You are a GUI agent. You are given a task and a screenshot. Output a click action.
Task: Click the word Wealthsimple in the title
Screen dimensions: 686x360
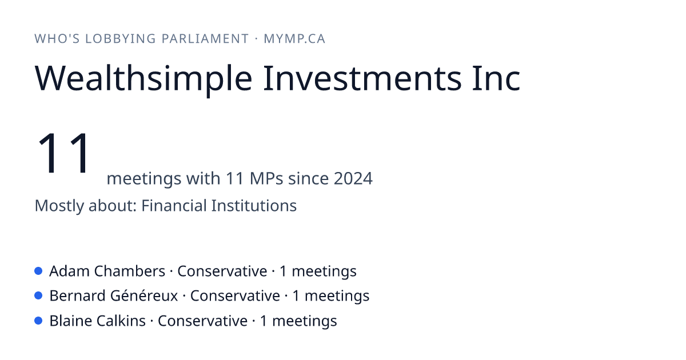click(143, 79)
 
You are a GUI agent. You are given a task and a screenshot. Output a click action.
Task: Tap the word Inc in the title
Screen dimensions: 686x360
click(496, 78)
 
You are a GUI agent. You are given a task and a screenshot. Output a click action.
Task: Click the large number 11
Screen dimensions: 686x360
click(63, 153)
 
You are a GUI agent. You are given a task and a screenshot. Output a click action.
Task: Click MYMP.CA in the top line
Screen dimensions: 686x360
click(294, 39)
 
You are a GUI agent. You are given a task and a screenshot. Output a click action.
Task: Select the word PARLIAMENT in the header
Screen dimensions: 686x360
click(205, 39)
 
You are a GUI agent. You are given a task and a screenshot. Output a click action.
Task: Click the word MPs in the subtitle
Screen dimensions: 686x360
click(266, 178)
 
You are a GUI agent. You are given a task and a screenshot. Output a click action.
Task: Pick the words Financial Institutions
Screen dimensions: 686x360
click(218, 205)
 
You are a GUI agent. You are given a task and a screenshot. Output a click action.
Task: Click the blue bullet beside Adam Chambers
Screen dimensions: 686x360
click(38, 271)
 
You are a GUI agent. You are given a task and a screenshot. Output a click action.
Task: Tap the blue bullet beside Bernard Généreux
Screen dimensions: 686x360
click(38, 296)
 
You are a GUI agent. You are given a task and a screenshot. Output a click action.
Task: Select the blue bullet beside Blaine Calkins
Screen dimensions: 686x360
click(38, 321)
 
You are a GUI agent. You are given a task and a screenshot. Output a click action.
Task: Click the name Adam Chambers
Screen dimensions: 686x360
click(107, 271)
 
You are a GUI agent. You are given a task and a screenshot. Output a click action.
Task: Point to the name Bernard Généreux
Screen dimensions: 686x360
click(114, 296)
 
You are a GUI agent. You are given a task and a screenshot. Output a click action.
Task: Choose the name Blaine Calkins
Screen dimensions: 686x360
click(97, 321)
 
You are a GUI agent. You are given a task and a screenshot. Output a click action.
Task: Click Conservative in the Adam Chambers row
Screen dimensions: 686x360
click(222, 271)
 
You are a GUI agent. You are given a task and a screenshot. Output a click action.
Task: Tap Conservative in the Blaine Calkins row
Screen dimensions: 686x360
click(202, 321)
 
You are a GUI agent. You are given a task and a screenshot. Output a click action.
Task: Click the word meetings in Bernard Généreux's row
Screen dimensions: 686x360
click(337, 297)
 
